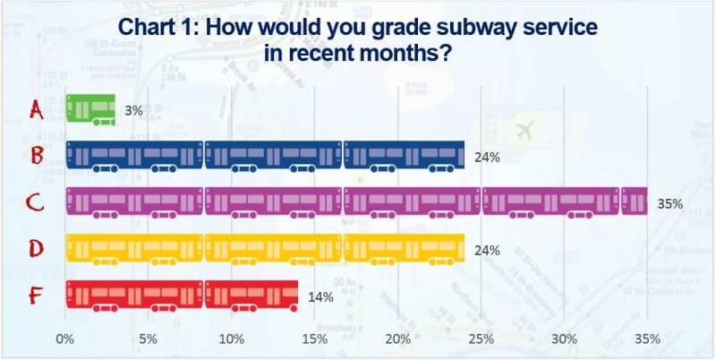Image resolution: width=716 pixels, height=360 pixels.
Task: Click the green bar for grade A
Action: [x=90, y=108]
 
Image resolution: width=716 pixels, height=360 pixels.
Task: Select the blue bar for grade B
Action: [x=265, y=155]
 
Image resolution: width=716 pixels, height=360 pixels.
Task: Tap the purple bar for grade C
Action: [x=356, y=202]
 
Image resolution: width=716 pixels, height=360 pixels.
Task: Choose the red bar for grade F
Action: [x=182, y=295]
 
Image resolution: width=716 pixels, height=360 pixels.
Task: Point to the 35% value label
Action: [x=669, y=204]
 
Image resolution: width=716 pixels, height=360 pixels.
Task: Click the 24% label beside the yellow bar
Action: [x=487, y=251]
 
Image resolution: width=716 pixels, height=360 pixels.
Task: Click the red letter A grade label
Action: [x=37, y=109]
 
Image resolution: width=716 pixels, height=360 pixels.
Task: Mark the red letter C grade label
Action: [x=37, y=202]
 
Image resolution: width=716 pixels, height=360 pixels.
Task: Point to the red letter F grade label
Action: [x=37, y=295]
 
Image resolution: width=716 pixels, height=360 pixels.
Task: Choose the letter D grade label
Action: [x=37, y=248]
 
